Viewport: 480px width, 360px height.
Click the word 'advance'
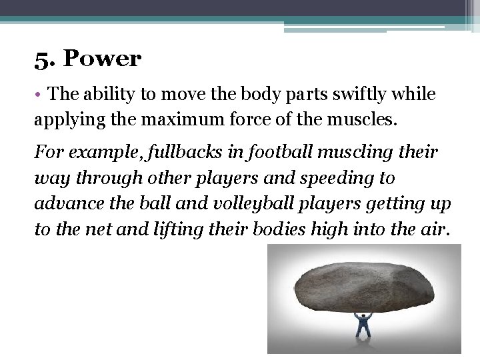(65, 203)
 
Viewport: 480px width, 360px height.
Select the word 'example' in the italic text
(93, 153)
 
